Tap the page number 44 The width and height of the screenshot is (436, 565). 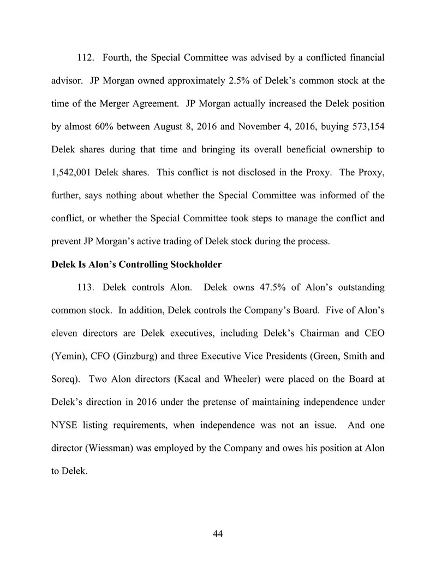(218, 534)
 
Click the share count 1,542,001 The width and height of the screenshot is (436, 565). (74, 172)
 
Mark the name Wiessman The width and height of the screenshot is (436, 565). (109, 448)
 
